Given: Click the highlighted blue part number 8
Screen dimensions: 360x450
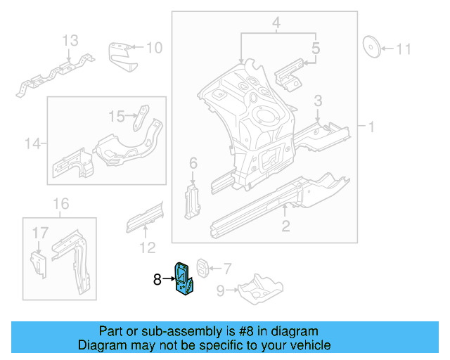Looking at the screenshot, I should [186, 280].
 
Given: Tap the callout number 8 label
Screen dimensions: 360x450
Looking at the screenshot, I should [157, 280].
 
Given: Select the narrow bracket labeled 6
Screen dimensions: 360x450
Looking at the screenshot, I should [191, 202].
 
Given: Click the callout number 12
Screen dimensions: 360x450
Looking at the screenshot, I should [146, 247].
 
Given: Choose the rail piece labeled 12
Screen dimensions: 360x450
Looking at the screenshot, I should [144, 215].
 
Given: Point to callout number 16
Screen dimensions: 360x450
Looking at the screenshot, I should [61, 204].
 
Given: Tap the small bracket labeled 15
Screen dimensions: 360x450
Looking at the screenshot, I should [143, 115].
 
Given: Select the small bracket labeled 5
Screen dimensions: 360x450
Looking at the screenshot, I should [288, 73].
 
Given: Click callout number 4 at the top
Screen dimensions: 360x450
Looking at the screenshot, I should [277, 25].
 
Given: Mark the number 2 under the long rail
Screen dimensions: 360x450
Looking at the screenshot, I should [285, 225].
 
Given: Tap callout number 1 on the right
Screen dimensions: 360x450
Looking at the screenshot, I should [371, 127].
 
